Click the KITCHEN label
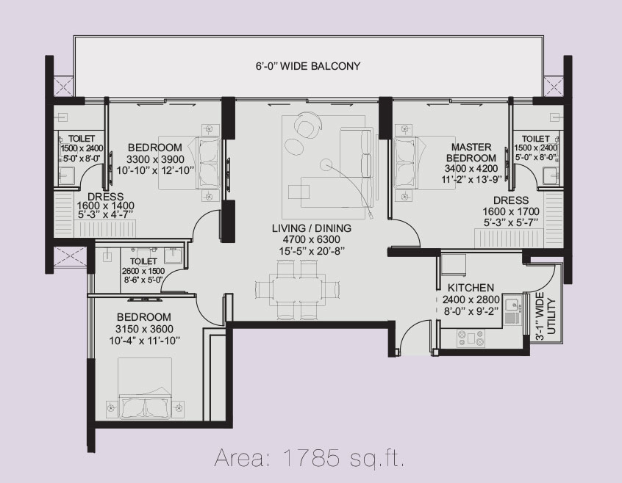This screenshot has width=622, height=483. tap(470, 288)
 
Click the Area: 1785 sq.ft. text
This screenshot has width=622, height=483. tap(310, 460)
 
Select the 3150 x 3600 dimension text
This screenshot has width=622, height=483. tap(147, 328)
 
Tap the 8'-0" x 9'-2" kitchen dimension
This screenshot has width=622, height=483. tap(470, 310)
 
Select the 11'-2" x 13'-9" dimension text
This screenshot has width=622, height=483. tap(471, 177)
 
